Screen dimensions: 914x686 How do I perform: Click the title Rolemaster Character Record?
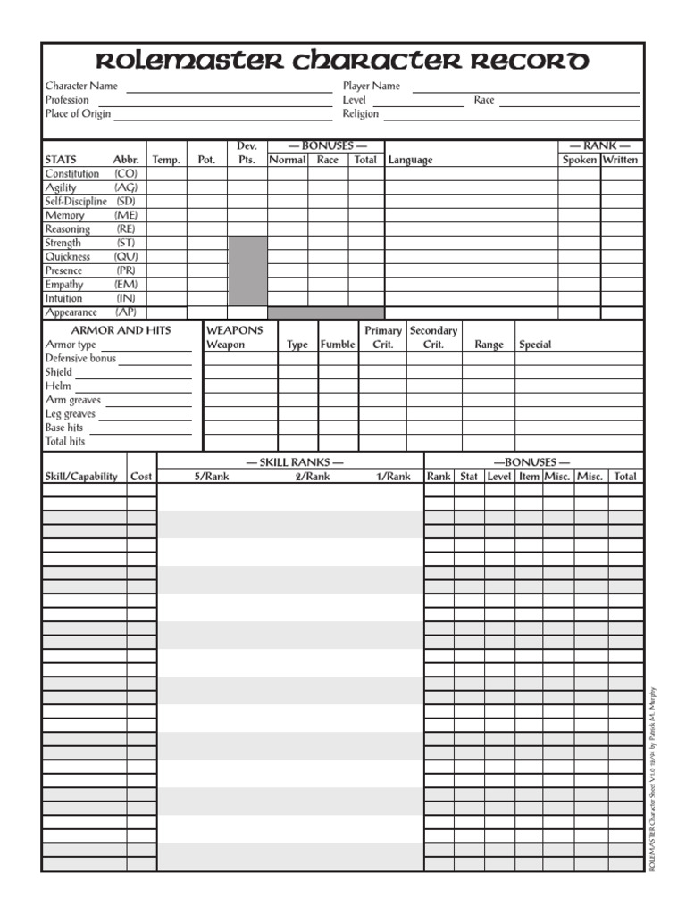[x=342, y=62]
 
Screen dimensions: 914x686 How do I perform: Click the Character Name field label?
[x=81, y=87]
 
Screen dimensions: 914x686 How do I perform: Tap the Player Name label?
[x=372, y=87]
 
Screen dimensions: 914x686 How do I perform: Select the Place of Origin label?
[x=78, y=114]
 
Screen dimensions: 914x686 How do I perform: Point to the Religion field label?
[x=361, y=114]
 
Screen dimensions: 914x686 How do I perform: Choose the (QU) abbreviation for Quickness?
[x=126, y=257]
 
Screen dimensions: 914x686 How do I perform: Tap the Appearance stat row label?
[x=71, y=312]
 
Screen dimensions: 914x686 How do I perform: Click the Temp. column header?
[x=166, y=160]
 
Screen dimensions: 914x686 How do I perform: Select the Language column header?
[x=410, y=160]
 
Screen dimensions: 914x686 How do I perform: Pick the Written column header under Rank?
[x=621, y=160]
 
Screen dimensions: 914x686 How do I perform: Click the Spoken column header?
[x=580, y=160]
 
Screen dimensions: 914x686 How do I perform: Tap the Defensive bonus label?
[x=80, y=359]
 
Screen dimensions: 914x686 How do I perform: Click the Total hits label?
[x=65, y=442]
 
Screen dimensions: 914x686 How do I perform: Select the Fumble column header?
[x=338, y=345]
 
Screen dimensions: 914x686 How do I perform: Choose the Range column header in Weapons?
[x=489, y=345]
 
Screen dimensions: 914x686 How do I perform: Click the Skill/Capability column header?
[x=81, y=477]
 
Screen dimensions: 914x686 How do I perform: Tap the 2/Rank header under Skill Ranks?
[x=313, y=477]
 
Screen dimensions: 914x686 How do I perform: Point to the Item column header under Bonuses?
[x=529, y=477]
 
